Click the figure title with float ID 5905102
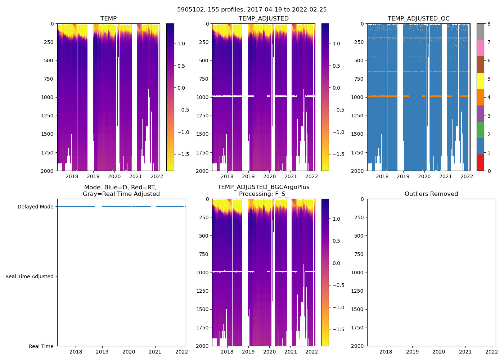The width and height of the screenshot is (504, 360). tap(252, 10)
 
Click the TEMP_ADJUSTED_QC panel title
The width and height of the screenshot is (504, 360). tap(418, 19)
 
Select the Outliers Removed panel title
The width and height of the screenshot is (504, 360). tap(431, 194)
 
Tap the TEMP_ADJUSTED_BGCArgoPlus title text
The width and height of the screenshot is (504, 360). tap(263, 187)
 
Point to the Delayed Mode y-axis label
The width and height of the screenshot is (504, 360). tap(35, 207)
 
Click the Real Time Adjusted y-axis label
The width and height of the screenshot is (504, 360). tap(30, 276)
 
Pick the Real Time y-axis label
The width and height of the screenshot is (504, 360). tap(41, 346)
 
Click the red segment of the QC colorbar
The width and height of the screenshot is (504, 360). tap(480, 162)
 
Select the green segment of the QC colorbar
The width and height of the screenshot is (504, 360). tap(480, 130)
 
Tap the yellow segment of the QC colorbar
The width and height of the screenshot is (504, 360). tap(480, 81)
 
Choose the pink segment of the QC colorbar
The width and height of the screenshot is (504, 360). tap(480, 48)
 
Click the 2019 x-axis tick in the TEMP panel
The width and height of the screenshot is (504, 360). tap(93, 176)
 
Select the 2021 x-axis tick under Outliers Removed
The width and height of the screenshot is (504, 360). tap(465, 352)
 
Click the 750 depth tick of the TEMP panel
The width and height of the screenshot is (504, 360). tap(48, 79)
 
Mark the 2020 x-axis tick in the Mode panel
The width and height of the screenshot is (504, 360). tap(129, 352)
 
